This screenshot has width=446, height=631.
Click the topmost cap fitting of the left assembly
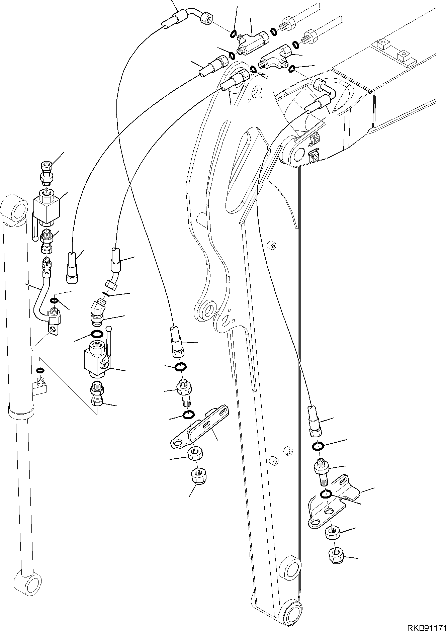tap(45, 166)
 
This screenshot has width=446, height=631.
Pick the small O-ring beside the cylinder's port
tap(40, 370)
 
